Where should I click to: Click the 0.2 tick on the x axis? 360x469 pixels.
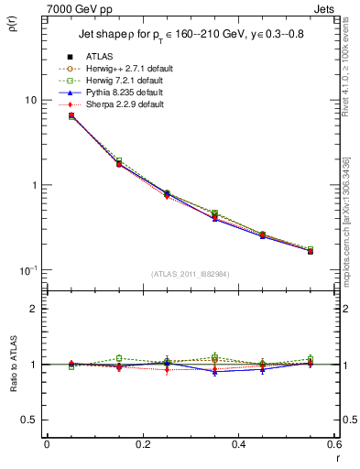pos(142,444)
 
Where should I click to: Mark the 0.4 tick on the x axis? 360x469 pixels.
pos(238,444)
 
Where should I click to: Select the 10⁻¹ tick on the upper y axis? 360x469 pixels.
pos(29,270)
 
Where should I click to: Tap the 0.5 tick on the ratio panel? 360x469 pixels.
pos(30,420)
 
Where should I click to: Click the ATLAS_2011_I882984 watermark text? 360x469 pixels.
pos(190,274)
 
